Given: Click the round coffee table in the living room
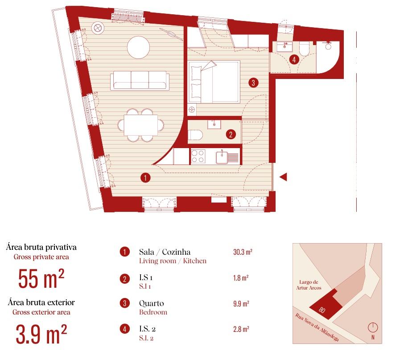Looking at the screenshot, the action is (138, 47).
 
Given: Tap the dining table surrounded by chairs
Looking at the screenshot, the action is (140, 125).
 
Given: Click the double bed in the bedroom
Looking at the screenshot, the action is (214, 82).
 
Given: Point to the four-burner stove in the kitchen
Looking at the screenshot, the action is (198, 156).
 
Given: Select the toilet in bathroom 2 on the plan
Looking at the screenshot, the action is (195, 135).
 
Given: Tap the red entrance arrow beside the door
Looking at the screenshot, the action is (284, 177).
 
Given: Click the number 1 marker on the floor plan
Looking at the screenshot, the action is (145, 178).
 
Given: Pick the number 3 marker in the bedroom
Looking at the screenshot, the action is (253, 83).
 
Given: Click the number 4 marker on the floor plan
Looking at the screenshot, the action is (294, 59).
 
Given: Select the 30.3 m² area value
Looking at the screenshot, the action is (243, 252).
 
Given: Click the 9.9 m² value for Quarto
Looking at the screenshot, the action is (241, 303).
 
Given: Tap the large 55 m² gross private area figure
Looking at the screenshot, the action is (41, 278).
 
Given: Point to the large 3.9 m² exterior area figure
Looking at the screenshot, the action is (41, 334).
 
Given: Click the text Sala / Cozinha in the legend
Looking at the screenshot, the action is (165, 252).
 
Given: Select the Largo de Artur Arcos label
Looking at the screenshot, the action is (309, 285).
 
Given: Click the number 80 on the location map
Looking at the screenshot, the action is (322, 309).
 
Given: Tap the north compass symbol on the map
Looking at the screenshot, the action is (373, 327).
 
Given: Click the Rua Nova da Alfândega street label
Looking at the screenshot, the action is (317, 327).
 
